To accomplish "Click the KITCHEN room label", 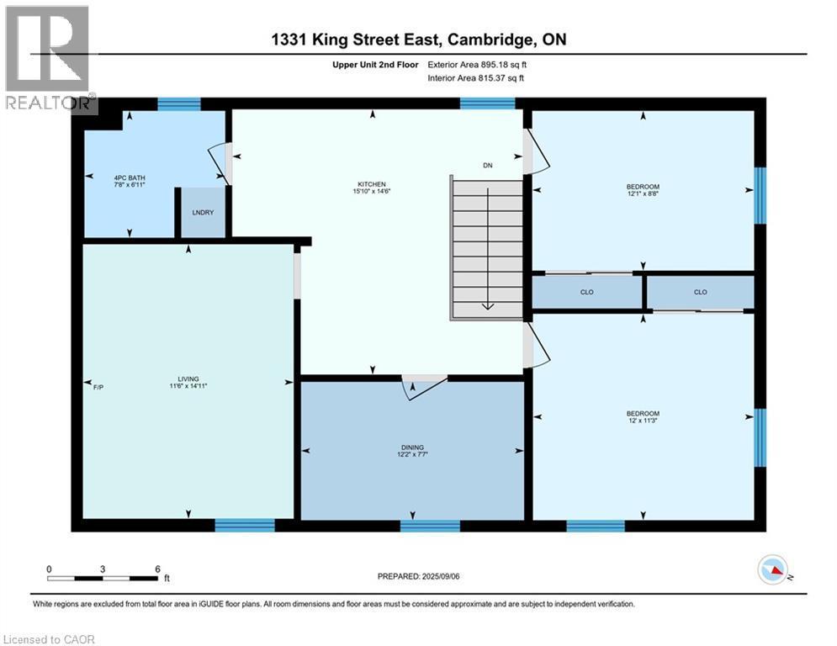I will [x=371, y=184].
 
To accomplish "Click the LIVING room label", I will [x=188, y=379].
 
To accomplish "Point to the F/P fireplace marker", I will [x=98, y=386].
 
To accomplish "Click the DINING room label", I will [x=412, y=447].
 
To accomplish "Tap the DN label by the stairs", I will [x=487, y=166].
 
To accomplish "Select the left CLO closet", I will [x=587, y=293].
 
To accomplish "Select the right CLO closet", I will [x=700, y=293].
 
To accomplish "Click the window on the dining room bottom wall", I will [x=430, y=526].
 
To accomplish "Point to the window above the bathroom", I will [x=179, y=104].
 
